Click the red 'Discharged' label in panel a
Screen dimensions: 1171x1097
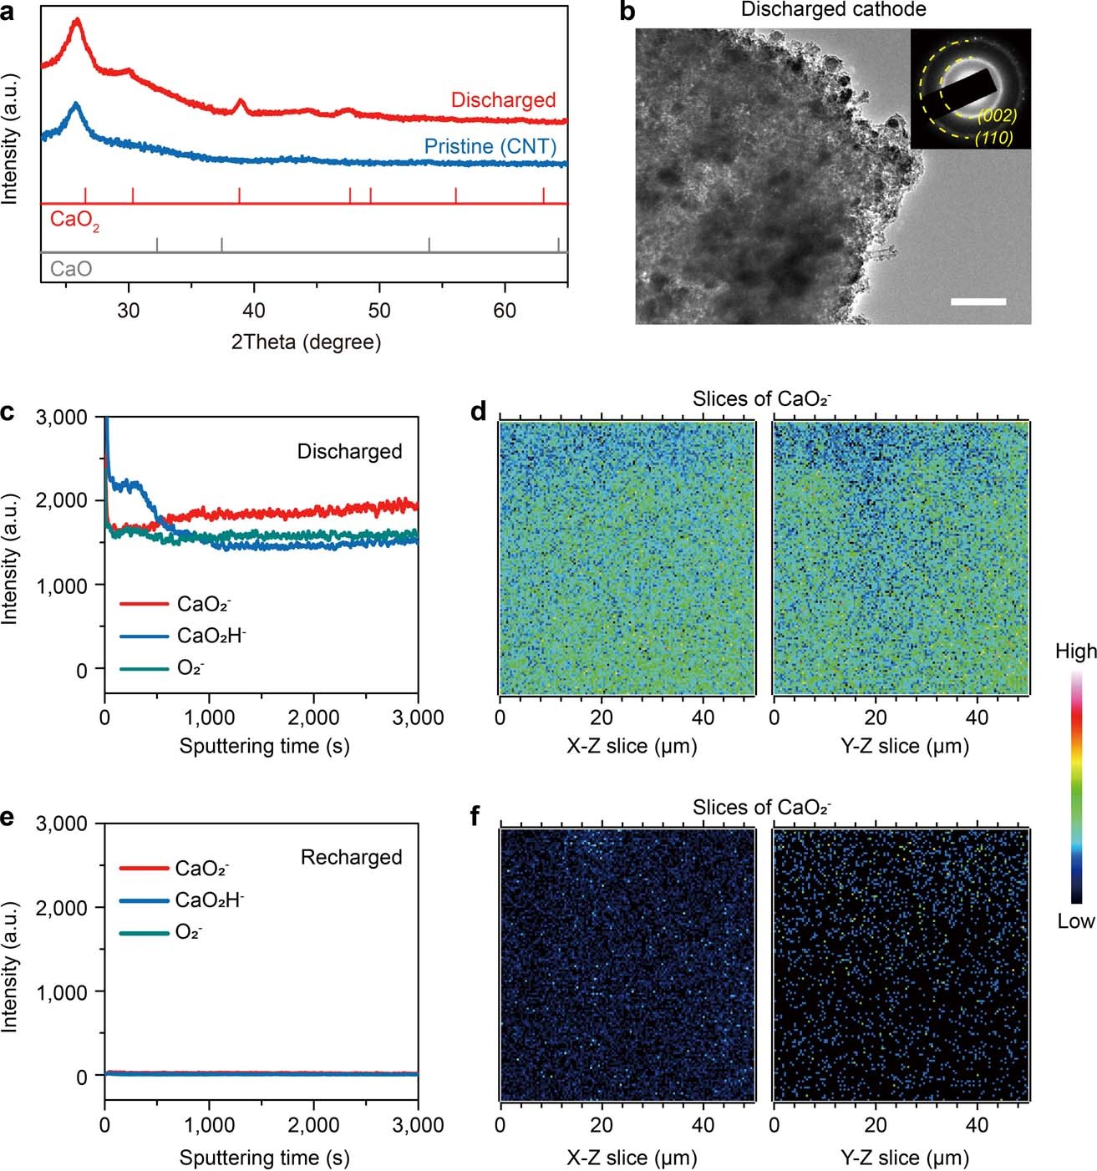click(503, 100)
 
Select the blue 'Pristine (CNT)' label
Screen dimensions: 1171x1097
click(490, 146)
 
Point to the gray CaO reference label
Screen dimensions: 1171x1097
click(71, 269)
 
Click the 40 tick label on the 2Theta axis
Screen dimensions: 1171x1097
click(253, 311)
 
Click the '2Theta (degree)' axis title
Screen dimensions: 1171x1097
click(306, 342)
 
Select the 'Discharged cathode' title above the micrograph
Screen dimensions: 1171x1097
click(833, 10)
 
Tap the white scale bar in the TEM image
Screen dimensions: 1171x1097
click(978, 302)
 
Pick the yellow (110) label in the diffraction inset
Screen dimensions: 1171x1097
click(993, 138)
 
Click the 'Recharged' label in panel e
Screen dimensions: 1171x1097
click(351, 857)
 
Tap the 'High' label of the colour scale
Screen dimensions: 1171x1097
click(1075, 651)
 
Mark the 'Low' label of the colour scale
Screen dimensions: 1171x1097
click(1075, 921)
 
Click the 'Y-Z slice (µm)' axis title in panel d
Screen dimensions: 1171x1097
click(904, 746)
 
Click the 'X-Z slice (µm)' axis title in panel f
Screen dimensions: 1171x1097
click(632, 1158)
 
